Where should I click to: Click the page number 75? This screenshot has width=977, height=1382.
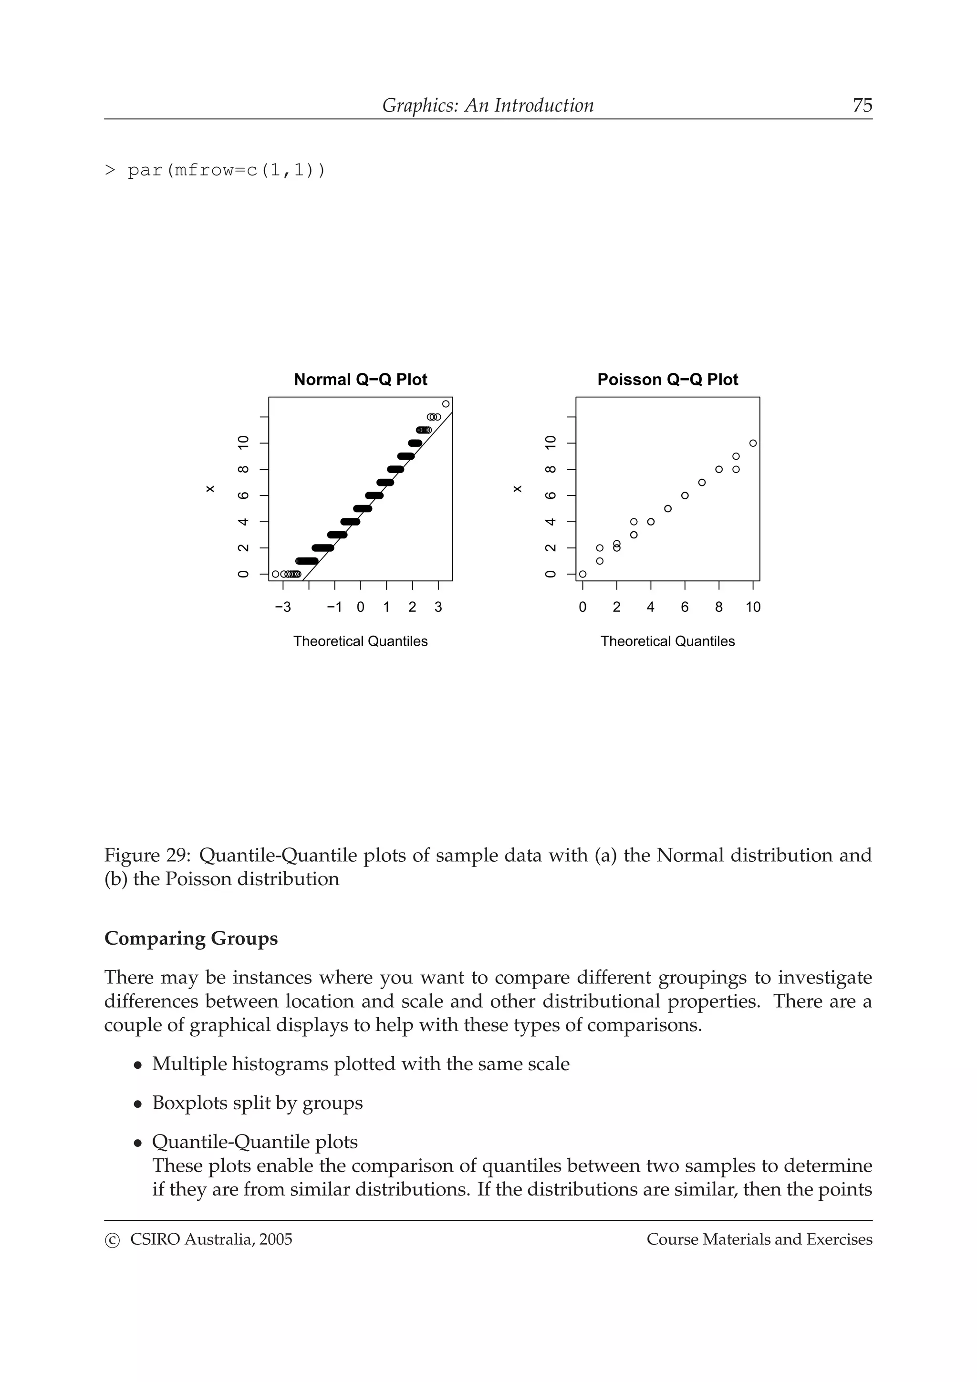coord(862,105)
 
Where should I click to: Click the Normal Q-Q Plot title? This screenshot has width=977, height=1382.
coord(360,380)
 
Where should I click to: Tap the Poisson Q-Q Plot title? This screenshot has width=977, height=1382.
coord(667,380)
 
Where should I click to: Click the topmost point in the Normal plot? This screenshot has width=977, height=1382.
coord(446,404)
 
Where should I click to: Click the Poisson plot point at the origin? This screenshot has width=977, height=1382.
coord(582,574)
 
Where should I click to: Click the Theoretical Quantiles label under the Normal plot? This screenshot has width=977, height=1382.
coord(360,642)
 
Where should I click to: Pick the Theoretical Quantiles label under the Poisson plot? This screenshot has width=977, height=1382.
coord(667,642)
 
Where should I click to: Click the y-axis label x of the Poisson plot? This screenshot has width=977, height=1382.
coord(517,489)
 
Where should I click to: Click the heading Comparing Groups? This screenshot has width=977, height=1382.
coord(191,939)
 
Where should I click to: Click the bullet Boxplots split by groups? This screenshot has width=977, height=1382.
coord(257,1103)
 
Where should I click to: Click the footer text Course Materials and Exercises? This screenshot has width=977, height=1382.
coord(759,1239)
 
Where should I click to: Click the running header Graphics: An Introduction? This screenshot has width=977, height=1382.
coord(488,105)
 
